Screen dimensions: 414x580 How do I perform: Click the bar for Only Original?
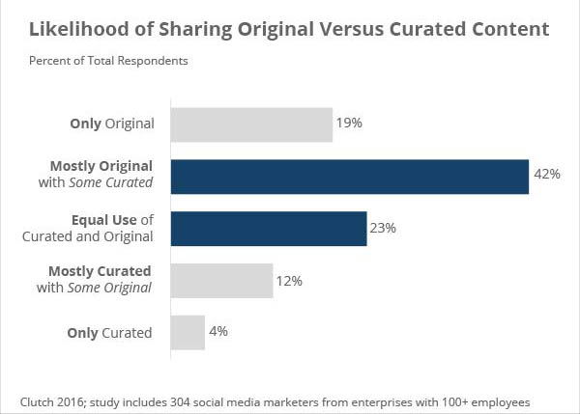pyautogui.click(x=251, y=124)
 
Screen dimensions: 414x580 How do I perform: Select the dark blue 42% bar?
pyautogui.click(x=349, y=177)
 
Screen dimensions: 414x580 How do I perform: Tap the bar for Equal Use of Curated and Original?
pyautogui.click(x=269, y=229)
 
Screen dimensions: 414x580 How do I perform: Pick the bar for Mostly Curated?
pyautogui.click(x=221, y=281)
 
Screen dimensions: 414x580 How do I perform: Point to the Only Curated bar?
pyautogui.click(x=188, y=333)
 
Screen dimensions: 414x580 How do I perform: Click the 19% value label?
pyautogui.click(x=348, y=124)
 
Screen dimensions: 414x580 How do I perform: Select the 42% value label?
pyautogui.click(x=546, y=175)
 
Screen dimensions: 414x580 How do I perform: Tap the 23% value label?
pyautogui.click(x=383, y=229)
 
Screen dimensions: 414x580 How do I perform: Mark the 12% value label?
pyautogui.click(x=290, y=281)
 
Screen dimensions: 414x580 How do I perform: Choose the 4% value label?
pyautogui.click(x=217, y=333)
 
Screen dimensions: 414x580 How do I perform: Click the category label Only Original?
pyautogui.click(x=111, y=124)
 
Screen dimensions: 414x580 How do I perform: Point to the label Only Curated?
pyautogui.click(x=109, y=333)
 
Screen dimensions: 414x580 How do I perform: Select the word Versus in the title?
pyautogui.click(x=358, y=29)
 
